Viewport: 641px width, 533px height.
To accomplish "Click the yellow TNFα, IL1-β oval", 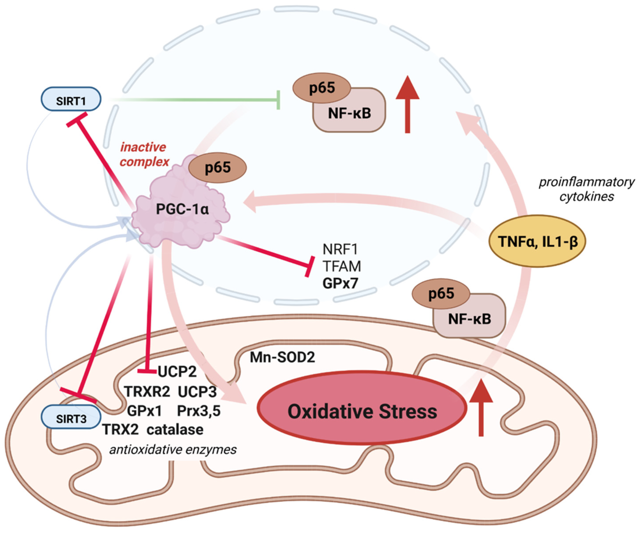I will point(537,241).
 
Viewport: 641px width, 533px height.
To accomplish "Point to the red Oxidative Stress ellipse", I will point(362,411).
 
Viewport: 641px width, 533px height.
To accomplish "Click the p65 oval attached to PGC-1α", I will point(218,168).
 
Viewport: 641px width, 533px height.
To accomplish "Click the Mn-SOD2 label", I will point(282,357).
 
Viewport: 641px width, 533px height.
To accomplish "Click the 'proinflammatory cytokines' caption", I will point(586,189).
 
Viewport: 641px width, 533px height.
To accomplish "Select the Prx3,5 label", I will point(199,411).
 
